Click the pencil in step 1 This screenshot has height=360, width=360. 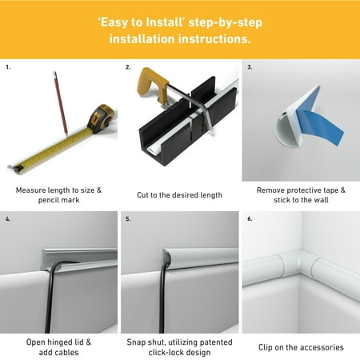(x=61, y=104)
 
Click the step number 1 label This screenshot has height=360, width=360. (x=8, y=67)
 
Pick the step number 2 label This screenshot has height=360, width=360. (x=128, y=67)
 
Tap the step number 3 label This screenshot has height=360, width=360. (x=250, y=67)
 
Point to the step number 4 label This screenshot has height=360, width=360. (x=8, y=219)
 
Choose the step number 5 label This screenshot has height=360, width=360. (x=128, y=219)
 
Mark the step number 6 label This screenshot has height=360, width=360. (x=250, y=218)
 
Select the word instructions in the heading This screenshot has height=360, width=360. (x=214, y=39)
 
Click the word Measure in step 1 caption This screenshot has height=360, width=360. (x=30, y=190)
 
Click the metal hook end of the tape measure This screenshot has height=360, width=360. (x=14, y=169)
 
